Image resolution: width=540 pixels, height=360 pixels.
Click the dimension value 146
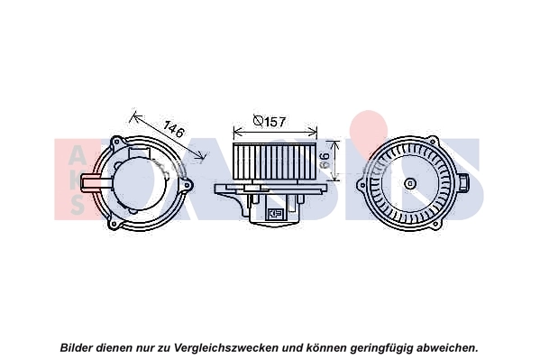tap(174, 129)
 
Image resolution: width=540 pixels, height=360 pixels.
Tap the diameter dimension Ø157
tap(270, 121)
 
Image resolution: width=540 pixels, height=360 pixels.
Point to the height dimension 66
tap(325, 161)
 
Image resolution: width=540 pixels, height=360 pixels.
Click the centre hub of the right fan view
tap(410, 183)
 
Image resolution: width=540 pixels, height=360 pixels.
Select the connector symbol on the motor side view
tap(274, 214)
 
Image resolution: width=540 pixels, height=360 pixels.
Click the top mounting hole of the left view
tap(117, 142)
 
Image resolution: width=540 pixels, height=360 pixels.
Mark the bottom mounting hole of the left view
tap(113, 225)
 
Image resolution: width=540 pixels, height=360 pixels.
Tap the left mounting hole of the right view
tap(362, 185)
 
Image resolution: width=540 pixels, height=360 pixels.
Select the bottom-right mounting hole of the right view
tap(436, 226)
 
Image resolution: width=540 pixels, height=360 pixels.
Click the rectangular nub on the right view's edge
tap(463, 183)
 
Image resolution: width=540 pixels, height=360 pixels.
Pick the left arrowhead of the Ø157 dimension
tap(237, 132)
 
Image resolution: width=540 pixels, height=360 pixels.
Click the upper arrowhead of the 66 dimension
tap(335, 143)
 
